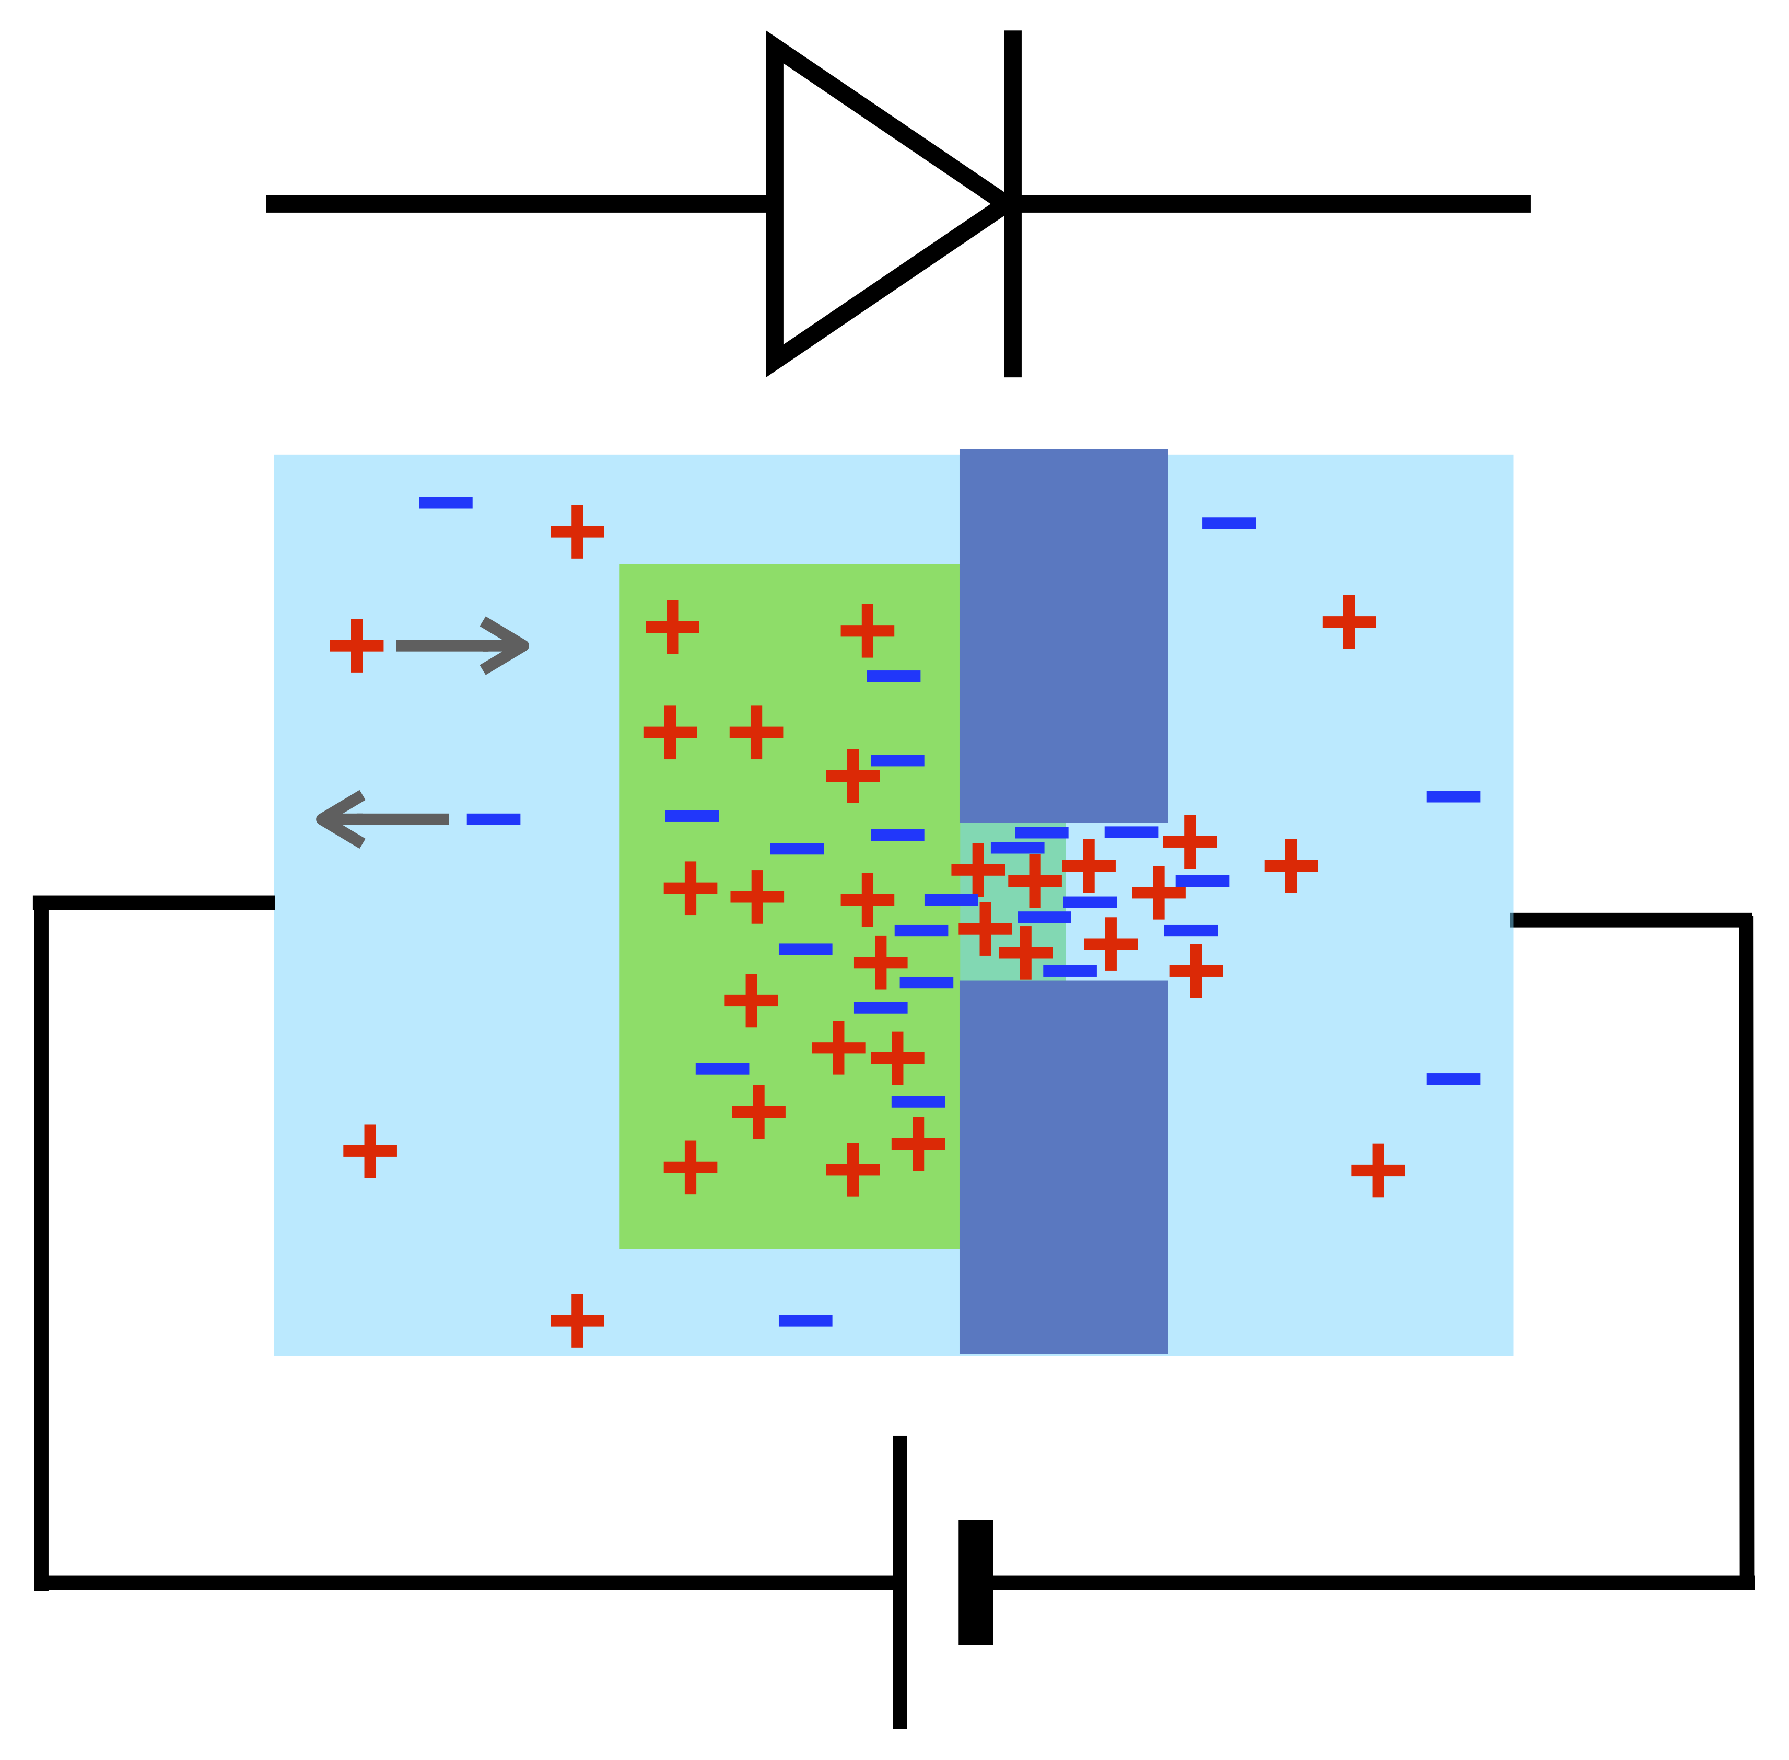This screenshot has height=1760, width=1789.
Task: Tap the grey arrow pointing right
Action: point(462,645)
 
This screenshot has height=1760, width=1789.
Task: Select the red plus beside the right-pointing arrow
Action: point(357,645)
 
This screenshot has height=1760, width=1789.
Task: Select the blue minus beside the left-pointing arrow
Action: point(494,819)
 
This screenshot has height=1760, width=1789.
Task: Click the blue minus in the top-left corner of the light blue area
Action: point(446,503)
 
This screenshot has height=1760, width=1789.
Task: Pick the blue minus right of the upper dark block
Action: point(1229,523)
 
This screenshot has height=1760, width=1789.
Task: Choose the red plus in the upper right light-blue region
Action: point(1349,622)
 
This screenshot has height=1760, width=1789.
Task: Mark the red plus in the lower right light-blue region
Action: point(1378,1170)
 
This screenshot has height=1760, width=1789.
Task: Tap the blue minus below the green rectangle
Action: point(806,1320)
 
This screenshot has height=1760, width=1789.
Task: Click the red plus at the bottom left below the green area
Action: point(578,1320)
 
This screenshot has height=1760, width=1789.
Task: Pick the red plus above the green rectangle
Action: point(578,531)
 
